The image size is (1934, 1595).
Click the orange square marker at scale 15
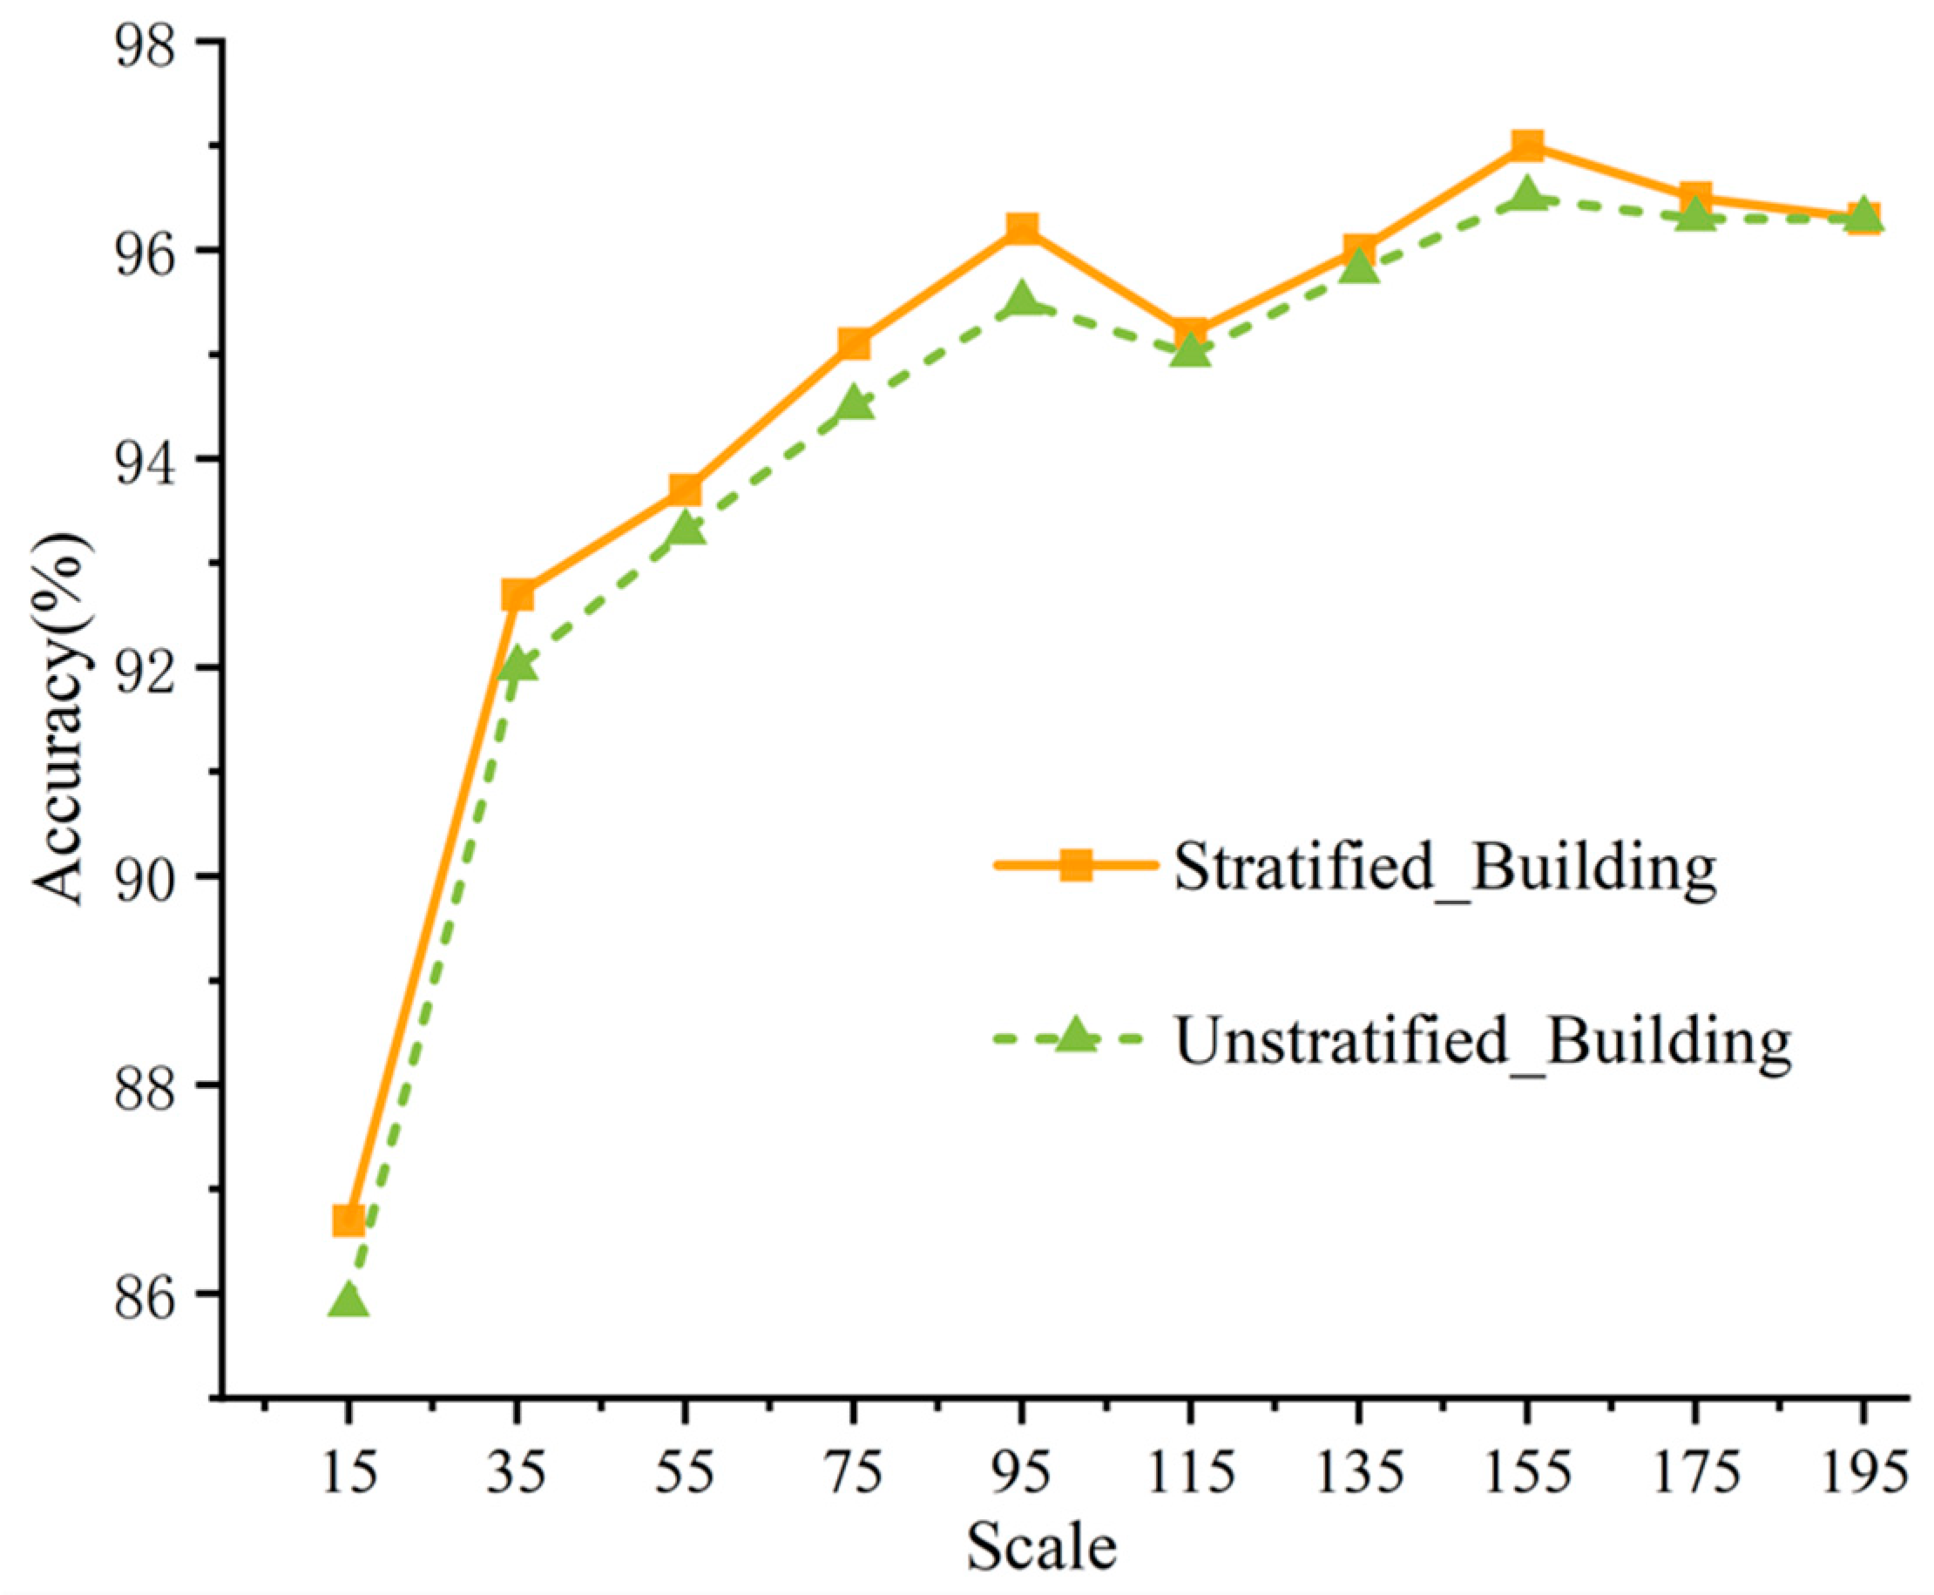click(348, 1221)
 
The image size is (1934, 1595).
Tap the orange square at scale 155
click(1526, 145)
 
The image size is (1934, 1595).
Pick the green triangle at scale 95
click(1022, 301)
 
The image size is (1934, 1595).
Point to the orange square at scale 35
click(517, 594)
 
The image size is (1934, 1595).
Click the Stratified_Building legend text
click(1444, 868)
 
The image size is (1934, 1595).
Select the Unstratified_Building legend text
click(1482, 1041)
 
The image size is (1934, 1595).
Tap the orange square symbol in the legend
click(1076, 864)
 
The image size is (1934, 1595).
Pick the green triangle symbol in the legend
click(1076, 1037)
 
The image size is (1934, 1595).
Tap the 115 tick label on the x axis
click(1191, 1473)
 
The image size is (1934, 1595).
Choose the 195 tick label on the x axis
click(1863, 1473)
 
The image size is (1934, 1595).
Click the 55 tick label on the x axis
click(686, 1473)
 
